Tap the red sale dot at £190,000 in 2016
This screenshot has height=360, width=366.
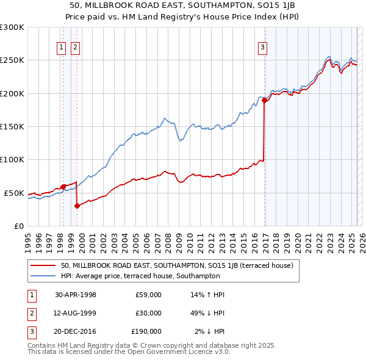[264, 100]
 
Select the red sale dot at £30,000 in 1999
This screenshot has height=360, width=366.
[77, 206]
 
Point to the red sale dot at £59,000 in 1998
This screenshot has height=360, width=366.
[63, 187]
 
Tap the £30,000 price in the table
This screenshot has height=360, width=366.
[148, 313]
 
